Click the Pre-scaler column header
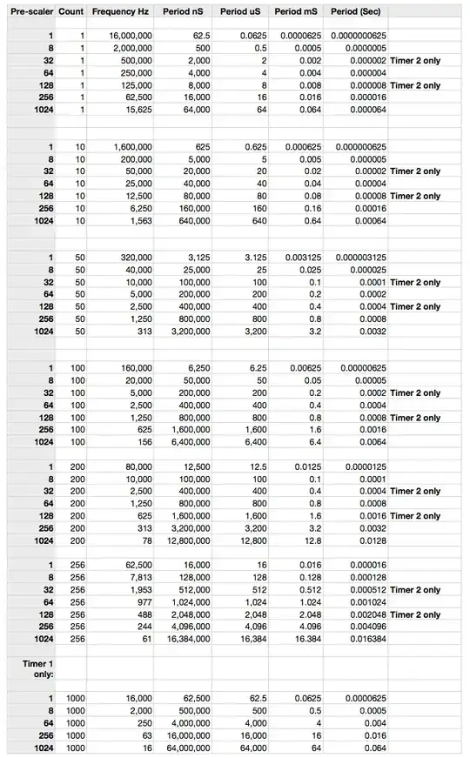tap(30, 13)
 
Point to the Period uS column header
tap(238, 13)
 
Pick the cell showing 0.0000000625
tap(355, 37)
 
